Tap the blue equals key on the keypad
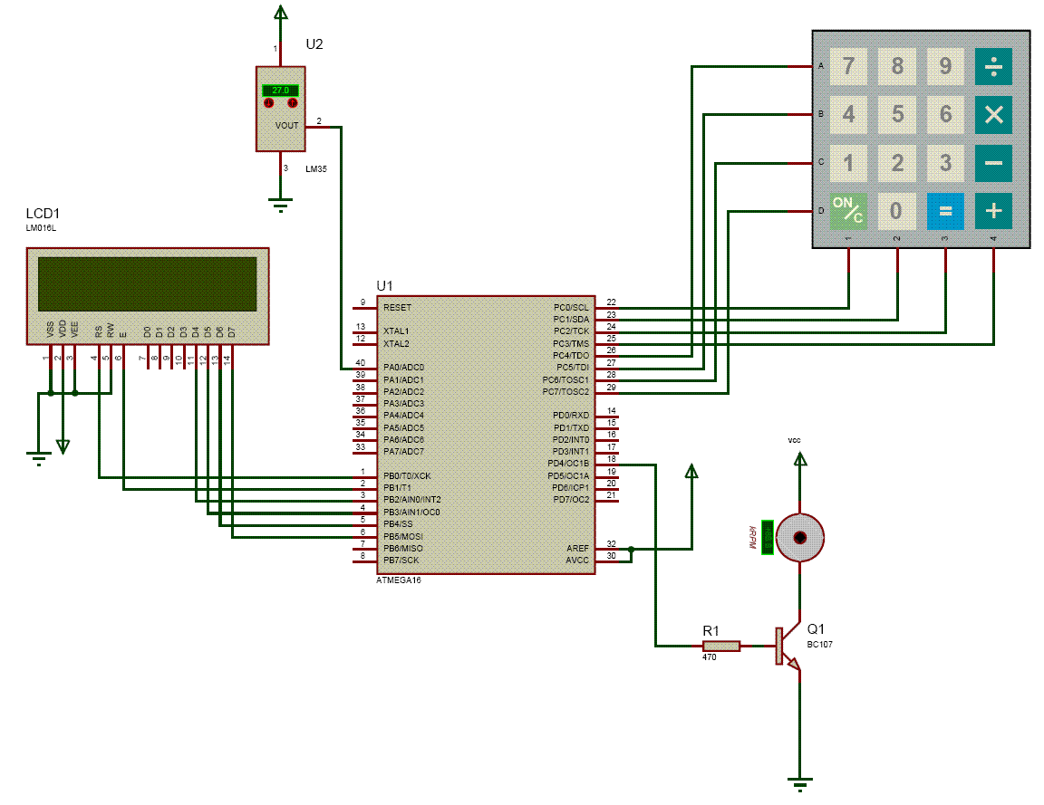click(945, 211)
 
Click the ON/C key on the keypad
click(848, 211)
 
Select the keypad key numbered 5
click(897, 115)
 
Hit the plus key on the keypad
click(993, 211)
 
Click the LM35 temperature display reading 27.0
click(281, 91)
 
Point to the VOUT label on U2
click(286, 126)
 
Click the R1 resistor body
click(721, 646)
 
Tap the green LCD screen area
click(147, 283)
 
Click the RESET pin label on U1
click(397, 308)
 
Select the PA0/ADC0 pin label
click(403, 367)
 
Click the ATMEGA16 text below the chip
click(399, 580)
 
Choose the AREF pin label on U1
click(577, 548)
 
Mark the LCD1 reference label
click(43, 214)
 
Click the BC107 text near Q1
click(820, 645)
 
